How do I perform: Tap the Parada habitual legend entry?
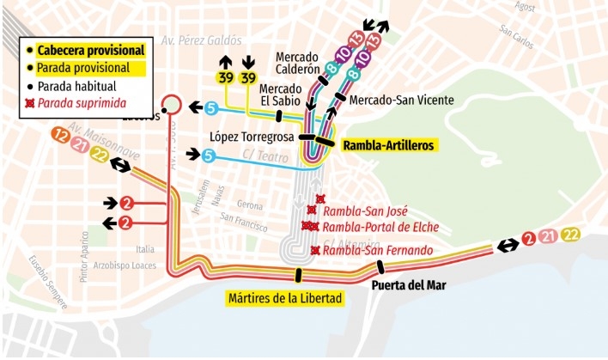80,86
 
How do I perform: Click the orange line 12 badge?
60,135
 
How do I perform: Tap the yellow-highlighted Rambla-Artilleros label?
390,145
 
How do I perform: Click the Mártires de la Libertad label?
285,299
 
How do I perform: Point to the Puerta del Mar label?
409,284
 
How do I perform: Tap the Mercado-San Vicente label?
402,100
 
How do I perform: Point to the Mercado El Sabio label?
280,95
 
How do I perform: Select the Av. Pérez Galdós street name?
202,40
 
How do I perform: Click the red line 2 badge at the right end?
529,239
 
